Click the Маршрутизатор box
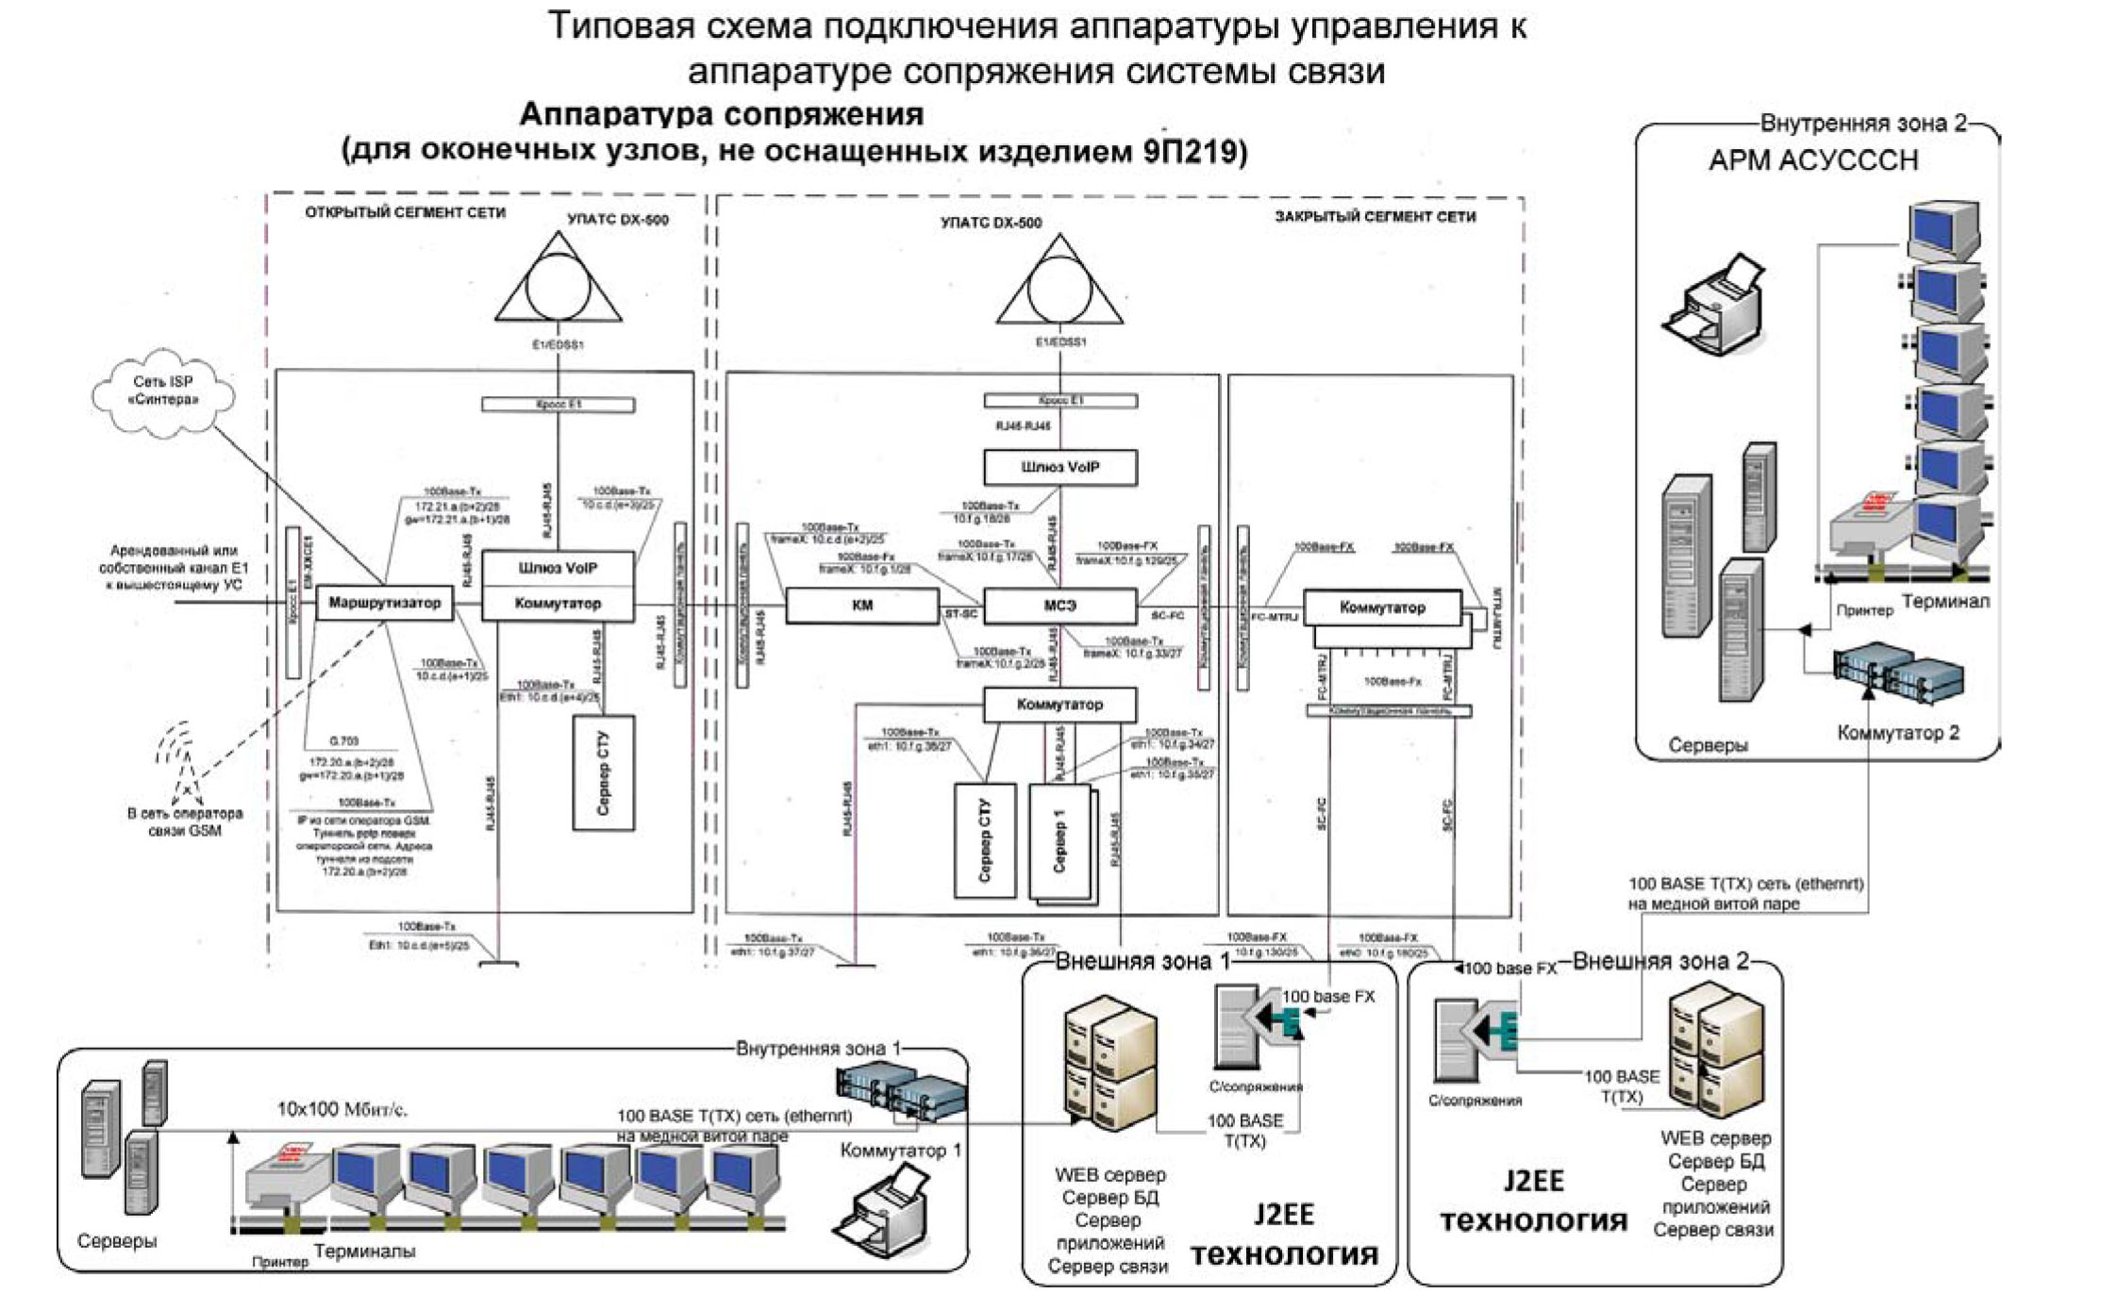click(x=384, y=603)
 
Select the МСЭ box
click(x=1059, y=606)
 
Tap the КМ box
click(x=861, y=606)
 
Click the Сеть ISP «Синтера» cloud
click(x=163, y=391)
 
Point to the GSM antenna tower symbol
click(x=179, y=759)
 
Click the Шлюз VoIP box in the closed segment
click(x=1059, y=467)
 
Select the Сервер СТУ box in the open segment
click(x=604, y=772)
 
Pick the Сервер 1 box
click(x=1059, y=840)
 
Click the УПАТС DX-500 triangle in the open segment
click(x=558, y=283)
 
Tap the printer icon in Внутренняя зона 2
click(x=1712, y=304)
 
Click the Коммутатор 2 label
click(x=1897, y=733)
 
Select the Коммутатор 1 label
click(x=900, y=1151)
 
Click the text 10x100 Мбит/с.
click(x=342, y=1110)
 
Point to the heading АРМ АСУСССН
click(x=1812, y=160)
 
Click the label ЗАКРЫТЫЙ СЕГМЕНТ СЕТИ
click(x=1375, y=217)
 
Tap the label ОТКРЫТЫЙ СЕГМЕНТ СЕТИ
click(x=405, y=213)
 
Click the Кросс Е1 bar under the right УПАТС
click(x=1059, y=401)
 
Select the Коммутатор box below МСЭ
click(x=1059, y=705)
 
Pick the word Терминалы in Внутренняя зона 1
click(x=364, y=1252)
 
